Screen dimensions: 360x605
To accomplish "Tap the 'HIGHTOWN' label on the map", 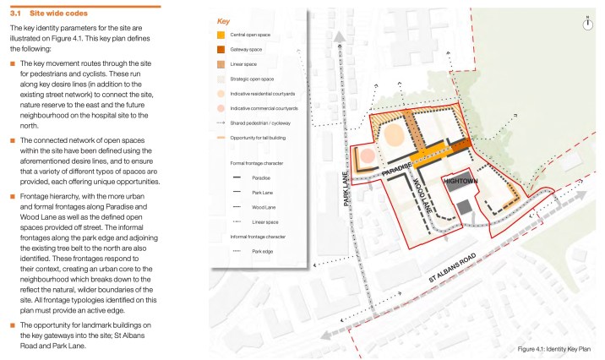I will (x=463, y=182).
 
